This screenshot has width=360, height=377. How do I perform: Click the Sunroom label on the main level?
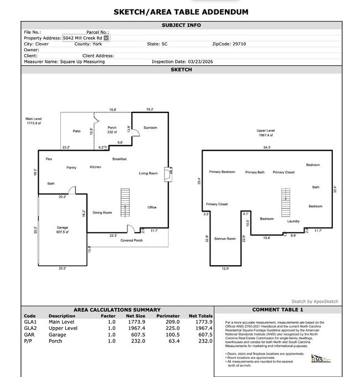tap(151, 128)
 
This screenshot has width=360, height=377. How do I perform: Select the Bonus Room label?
tap(225, 239)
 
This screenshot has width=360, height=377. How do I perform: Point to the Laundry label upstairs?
tap(294, 221)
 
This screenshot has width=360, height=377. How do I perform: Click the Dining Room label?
tap(102, 213)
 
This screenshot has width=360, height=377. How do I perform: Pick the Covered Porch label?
tap(132, 240)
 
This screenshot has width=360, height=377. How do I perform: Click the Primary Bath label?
tap(255, 172)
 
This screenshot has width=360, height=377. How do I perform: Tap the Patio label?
tap(77, 131)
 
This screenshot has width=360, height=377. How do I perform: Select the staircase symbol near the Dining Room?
tap(125, 204)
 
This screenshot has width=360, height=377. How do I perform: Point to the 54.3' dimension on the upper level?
tap(267, 147)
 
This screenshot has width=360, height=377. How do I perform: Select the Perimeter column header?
tap(168, 316)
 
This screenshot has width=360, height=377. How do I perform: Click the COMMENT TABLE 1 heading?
tap(277, 310)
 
